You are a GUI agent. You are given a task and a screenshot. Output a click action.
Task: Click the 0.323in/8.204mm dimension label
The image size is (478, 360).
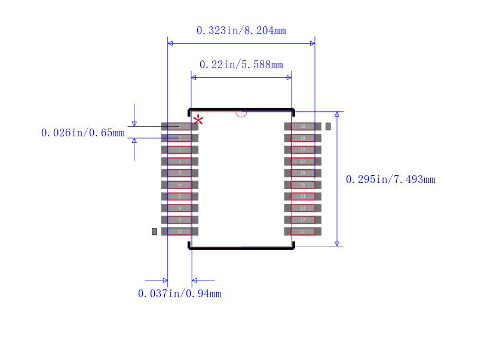click(x=241, y=30)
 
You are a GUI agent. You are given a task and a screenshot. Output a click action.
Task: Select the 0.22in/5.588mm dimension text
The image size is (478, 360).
click(x=241, y=65)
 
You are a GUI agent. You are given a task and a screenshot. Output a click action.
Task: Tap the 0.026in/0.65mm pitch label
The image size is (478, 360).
click(x=82, y=133)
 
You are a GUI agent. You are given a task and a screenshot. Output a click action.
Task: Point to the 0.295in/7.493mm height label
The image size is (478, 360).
click(x=390, y=179)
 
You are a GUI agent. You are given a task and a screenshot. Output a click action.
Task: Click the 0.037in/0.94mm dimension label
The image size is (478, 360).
click(x=179, y=294)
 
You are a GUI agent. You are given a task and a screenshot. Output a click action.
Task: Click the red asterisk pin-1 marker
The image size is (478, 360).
click(x=198, y=121)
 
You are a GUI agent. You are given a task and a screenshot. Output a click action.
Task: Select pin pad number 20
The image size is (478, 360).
click(x=302, y=126)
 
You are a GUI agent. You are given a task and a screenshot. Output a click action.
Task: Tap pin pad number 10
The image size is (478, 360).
click(x=179, y=231)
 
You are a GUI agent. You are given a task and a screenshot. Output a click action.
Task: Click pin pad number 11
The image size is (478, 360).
click(x=302, y=231)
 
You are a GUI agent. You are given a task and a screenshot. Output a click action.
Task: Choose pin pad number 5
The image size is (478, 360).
click(x=179, y=173)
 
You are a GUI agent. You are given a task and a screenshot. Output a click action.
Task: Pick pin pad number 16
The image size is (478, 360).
click(x=302, y=173)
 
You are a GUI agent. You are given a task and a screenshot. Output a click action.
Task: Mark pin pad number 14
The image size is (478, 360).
click(x=302, y=196)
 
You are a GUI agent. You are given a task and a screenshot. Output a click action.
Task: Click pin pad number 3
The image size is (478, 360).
click(x=179, y=150)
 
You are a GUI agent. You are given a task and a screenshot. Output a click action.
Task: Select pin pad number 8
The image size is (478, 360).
click(x=179, y=208)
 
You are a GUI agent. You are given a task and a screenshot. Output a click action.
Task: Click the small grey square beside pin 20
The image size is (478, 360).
click(x=327, y=126)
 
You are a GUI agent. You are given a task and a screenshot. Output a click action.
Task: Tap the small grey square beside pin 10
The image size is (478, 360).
click(x=154, y=231)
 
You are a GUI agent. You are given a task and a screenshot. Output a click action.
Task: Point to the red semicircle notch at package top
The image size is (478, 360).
click(x=241, y=113)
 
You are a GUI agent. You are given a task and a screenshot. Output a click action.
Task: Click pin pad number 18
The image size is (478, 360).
click(x=302, y=150)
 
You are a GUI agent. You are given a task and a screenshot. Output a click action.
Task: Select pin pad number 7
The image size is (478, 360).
click(x=179, y=196)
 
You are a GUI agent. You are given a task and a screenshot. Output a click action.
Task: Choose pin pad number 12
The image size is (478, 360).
click(x=302, y=219)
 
